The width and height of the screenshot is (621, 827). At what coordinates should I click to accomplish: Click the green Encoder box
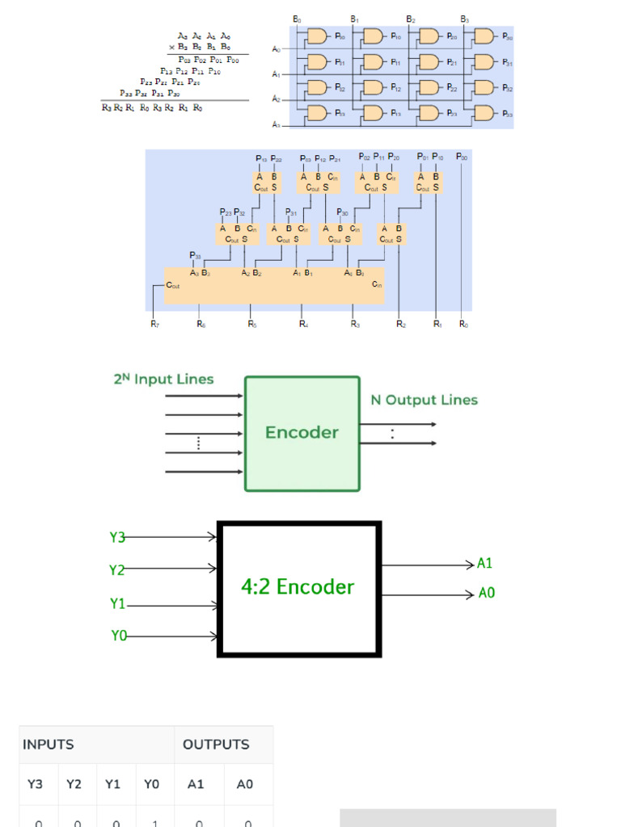coord(302,433)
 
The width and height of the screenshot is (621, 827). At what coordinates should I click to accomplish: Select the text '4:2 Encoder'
coord(298,587)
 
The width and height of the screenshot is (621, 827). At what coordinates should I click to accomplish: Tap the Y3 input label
coord(117,537)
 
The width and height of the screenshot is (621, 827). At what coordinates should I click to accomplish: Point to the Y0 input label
coord(119,636)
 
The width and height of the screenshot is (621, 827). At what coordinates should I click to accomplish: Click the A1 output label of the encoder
coord(484,565)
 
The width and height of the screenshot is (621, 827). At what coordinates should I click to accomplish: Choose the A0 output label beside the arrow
coord(486,594)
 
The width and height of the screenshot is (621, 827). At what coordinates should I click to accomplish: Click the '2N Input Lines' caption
coord(163,379)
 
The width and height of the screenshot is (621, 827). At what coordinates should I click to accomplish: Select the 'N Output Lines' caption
coord(424,400)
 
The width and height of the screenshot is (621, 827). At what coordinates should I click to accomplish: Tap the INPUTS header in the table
coord(48,745)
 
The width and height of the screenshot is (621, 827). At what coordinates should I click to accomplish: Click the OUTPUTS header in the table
coord(216,745)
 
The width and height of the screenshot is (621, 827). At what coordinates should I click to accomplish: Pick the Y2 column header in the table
coord(74,784)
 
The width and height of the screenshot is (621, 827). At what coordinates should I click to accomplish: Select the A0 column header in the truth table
coord(244,784)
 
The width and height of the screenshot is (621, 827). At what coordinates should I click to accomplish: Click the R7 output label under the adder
coord(154,325)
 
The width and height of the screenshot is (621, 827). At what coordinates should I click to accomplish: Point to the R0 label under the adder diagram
coord(463,325)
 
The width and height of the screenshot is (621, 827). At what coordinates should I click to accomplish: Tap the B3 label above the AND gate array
coord(464,19)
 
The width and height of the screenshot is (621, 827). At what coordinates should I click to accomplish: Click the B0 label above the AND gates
coord(296,19)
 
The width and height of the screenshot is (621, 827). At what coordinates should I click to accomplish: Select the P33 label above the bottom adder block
coord(195,255)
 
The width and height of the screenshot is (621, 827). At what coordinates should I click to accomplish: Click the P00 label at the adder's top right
coord(461,157)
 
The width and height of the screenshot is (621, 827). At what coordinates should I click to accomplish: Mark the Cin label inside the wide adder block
coord(377,285)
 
